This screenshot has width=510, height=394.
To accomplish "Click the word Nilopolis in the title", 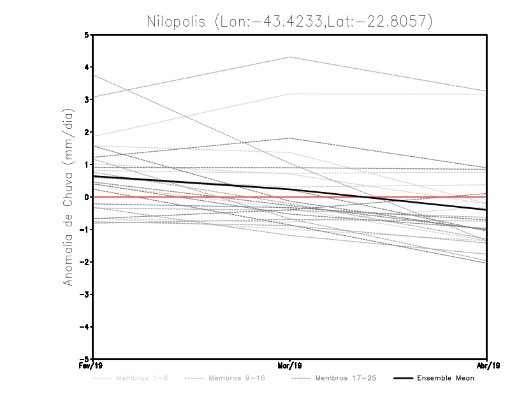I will click(177, 21).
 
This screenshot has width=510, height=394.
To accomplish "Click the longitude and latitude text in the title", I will click(324, 21).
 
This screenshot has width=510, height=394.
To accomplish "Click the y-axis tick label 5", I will click(87, 34).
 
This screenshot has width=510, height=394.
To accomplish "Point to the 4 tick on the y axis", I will click(87, 67).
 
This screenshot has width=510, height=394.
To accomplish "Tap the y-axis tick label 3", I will click(87, 99).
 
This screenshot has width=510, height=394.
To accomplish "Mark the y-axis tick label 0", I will click(87, 197).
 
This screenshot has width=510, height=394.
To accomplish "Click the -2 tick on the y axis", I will click(85, 262).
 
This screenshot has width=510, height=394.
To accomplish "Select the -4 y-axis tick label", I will click(85, 326).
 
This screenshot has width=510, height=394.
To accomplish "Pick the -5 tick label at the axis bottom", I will click(85, 359).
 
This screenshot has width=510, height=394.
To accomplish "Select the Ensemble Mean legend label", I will click(446, 378).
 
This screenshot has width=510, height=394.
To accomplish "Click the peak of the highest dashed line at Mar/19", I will click(290, 57).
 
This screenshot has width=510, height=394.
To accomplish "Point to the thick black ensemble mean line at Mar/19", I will click(290, 189).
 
